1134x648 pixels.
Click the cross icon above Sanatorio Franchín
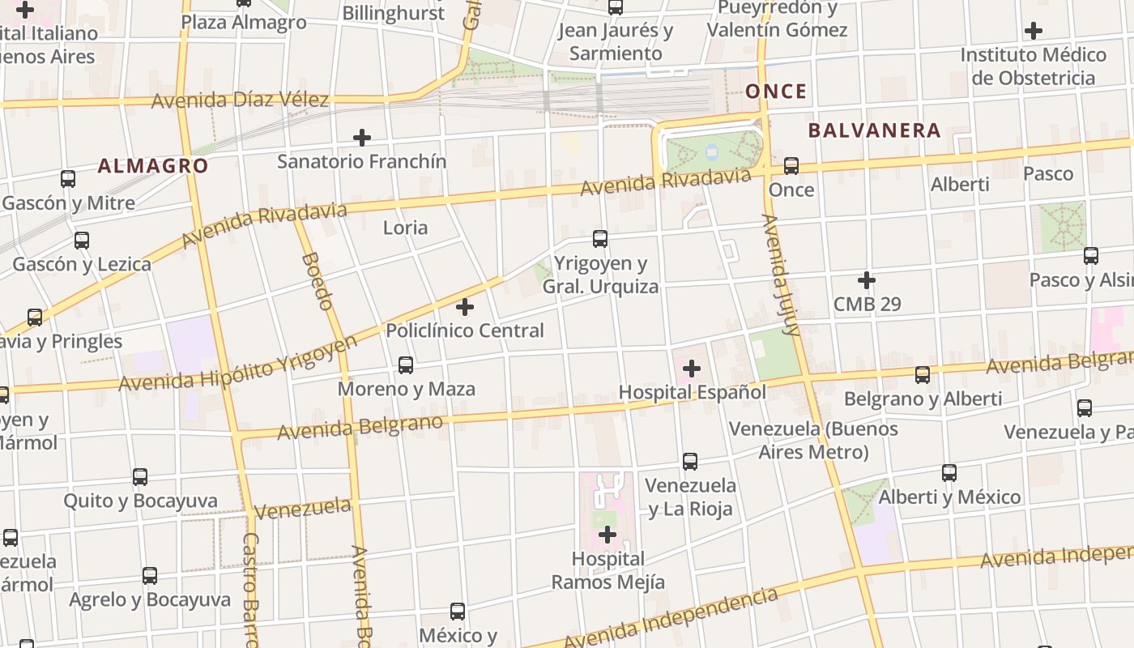pos(362,138)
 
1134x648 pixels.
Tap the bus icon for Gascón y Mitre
pos(68,179)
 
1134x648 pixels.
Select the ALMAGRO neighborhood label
pos(153,166)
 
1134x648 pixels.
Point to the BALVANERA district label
pos(874,130)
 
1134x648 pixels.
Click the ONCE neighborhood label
pos(776,91)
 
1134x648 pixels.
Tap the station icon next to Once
pos(791,166)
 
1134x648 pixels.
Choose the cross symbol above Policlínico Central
pos(465,307)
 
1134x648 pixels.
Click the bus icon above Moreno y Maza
pos(406,365)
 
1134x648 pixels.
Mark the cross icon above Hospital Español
pos(692,369)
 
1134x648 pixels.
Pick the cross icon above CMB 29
pos(867,281)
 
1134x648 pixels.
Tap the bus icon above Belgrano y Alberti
pos(923,375)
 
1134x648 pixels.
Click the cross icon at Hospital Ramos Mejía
pos(607,535)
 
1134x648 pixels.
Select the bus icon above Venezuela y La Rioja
pos(690,462)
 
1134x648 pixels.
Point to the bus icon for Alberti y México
pos(949,473)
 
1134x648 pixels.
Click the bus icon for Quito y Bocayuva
pos(140,477)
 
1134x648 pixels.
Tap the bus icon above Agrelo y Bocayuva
pos(150,576)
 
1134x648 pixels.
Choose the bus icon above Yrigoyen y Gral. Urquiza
pos(600,239)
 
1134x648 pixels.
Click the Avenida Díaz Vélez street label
pos(240,100)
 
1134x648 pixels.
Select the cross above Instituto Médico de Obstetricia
pos(1033,32)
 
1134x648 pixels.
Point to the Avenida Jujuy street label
pos(781,275)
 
